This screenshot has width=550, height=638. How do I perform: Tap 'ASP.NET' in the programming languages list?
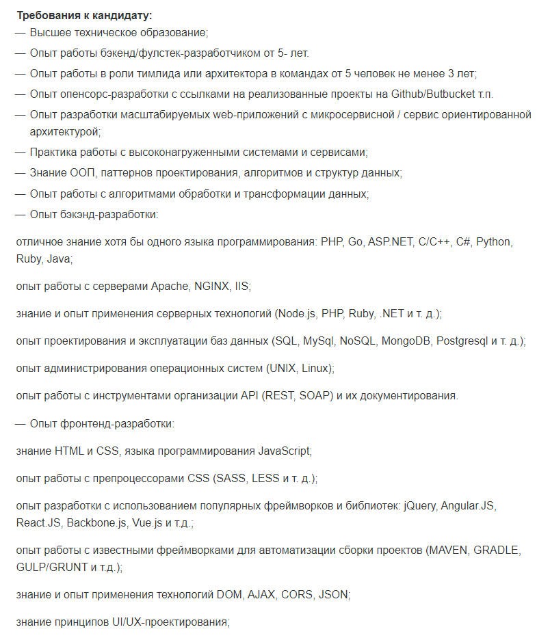pos(389,242)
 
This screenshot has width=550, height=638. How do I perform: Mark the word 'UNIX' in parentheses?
pos(283,368)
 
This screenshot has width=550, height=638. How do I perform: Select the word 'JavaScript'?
pos(283,451)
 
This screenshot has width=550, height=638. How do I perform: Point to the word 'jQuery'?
pos(419,506)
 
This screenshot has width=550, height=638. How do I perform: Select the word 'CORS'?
pos(296,595)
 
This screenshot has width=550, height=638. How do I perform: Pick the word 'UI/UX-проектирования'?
pos(170,622)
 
